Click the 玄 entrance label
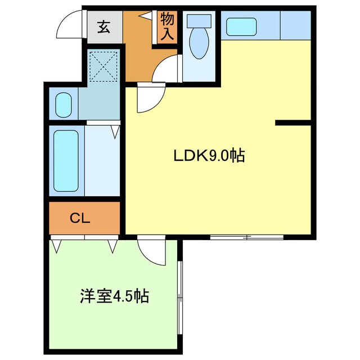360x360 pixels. [104, 26]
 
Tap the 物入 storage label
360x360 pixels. [167, 26]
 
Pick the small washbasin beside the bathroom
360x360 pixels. [62, 105]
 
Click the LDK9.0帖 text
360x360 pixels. [208, 156]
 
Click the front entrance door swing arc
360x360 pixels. [71, 24]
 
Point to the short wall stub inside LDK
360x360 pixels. [292, 122]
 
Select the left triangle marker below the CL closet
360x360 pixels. [56, 246]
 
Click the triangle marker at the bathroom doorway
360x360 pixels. [115, 132]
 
